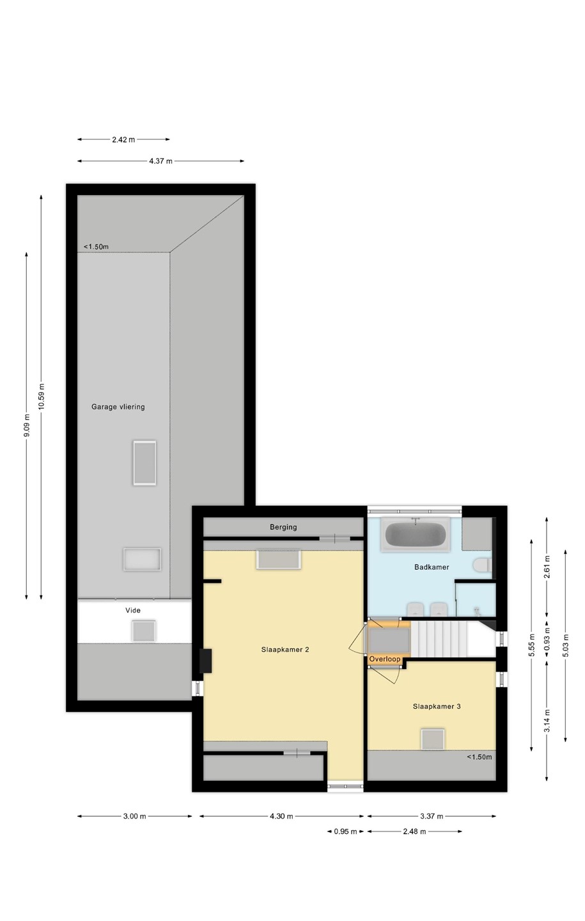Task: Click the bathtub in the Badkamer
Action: tap(415, 534)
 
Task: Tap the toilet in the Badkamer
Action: tap(482, 565)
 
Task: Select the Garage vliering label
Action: tap(118, 407)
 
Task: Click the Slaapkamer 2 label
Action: tap(285, 650)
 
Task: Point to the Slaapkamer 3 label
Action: tap(437, 706)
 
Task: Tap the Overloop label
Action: tap(384, 659)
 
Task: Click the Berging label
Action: tap(283, 527)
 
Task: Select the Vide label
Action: tap(133, 611)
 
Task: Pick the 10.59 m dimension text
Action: tap(41, 397)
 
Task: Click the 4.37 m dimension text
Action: tap(160, 161)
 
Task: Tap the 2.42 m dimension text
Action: tap(124, 139)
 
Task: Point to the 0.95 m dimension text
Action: tap(345, 828)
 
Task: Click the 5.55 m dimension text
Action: tap(531, 645)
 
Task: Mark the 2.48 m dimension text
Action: tap(414, 828)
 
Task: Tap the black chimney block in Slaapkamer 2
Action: tap(206, 661)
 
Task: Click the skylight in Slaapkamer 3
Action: tap(433, 739)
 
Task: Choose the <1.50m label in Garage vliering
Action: tap(96, 247)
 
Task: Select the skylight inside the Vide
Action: tap(143, 631)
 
